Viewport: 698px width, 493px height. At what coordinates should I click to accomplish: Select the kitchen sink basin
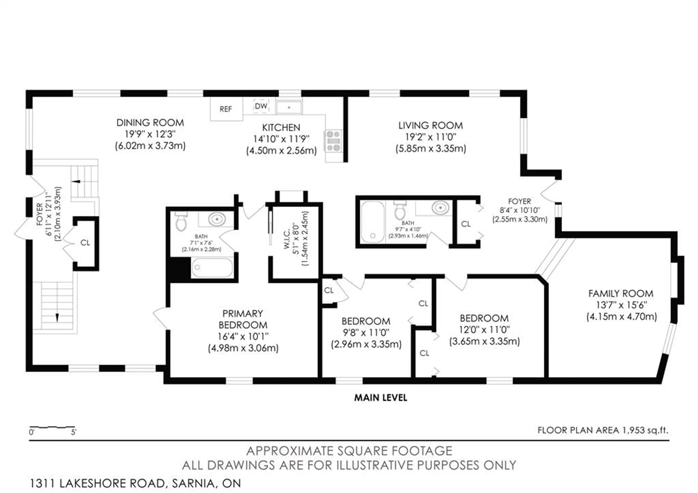pyautogui.click(x=289, y=107)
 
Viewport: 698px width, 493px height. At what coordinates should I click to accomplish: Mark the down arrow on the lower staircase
pyautogui.click(x=57, y=317)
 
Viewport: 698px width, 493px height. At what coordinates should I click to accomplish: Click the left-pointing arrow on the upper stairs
pyautogui.click(x=76, y=181)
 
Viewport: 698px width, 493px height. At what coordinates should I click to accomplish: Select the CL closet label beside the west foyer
pyautogui.click(x=85, y=243)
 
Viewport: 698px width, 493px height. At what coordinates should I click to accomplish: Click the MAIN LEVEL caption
pyautogui.click(x=381, y=398)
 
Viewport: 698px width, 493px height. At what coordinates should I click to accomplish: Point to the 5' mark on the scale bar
pyautogui.click(x=74, y=432)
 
